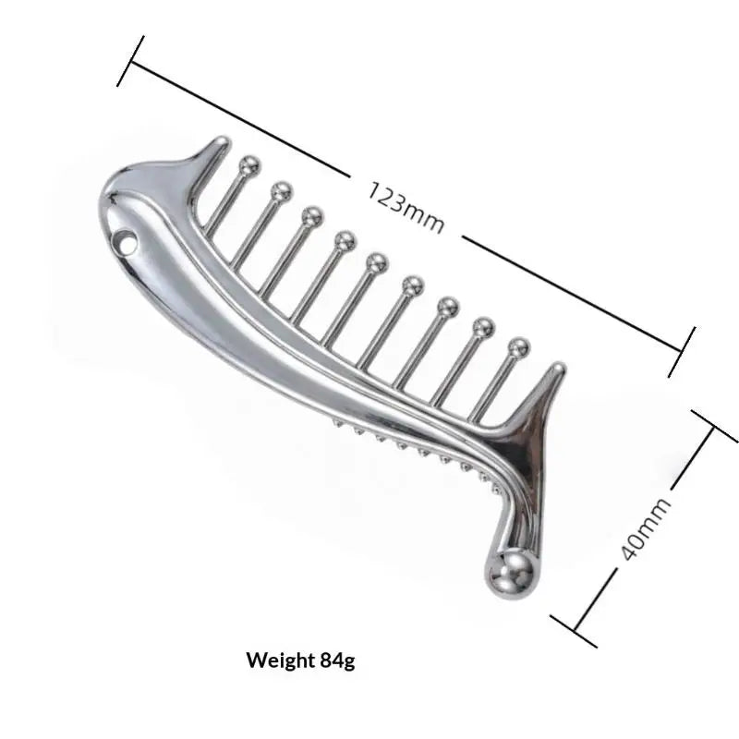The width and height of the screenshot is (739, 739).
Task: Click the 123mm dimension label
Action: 406,207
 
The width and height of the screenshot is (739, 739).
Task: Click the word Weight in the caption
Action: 280,660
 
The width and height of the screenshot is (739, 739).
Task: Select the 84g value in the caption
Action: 337,660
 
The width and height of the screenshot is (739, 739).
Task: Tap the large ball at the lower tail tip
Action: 512,574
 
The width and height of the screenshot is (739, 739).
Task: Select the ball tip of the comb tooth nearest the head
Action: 249,165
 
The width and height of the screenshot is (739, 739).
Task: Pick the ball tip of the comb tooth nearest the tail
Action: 518,348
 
